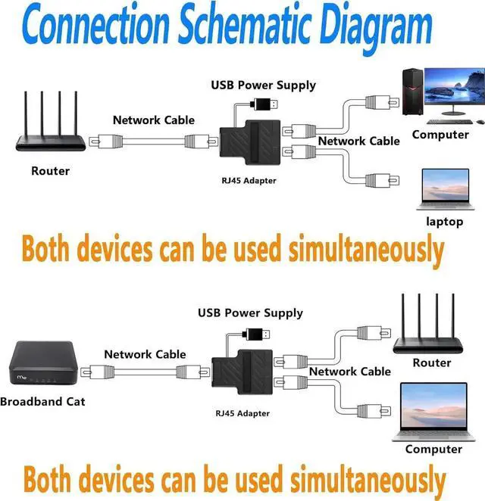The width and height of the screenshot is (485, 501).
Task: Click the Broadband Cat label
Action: click(42, 402)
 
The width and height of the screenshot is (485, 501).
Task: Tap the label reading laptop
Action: click(445, 222)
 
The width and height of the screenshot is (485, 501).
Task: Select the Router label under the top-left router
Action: click(50, 171)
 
